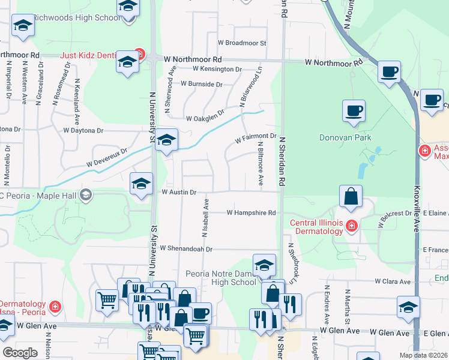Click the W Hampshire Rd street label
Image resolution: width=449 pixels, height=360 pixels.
[x=251, y=212]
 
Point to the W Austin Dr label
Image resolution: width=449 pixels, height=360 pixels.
[x=179, y=192]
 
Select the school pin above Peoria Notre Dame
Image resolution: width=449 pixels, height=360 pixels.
[x=264, y=264]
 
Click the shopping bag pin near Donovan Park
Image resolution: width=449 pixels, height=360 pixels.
[x=351, y=196]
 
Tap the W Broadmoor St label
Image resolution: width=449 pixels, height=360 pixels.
[x=242, y=43]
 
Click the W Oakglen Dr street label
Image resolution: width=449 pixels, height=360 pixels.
[x=205, y=115]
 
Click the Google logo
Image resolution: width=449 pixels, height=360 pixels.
[x=20, y=352]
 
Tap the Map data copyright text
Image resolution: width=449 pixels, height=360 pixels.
[x=423, y=355]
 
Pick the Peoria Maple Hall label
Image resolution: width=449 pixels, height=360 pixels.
[x=36, y=194]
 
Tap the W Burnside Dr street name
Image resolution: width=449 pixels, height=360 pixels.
[x=201, y=84]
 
